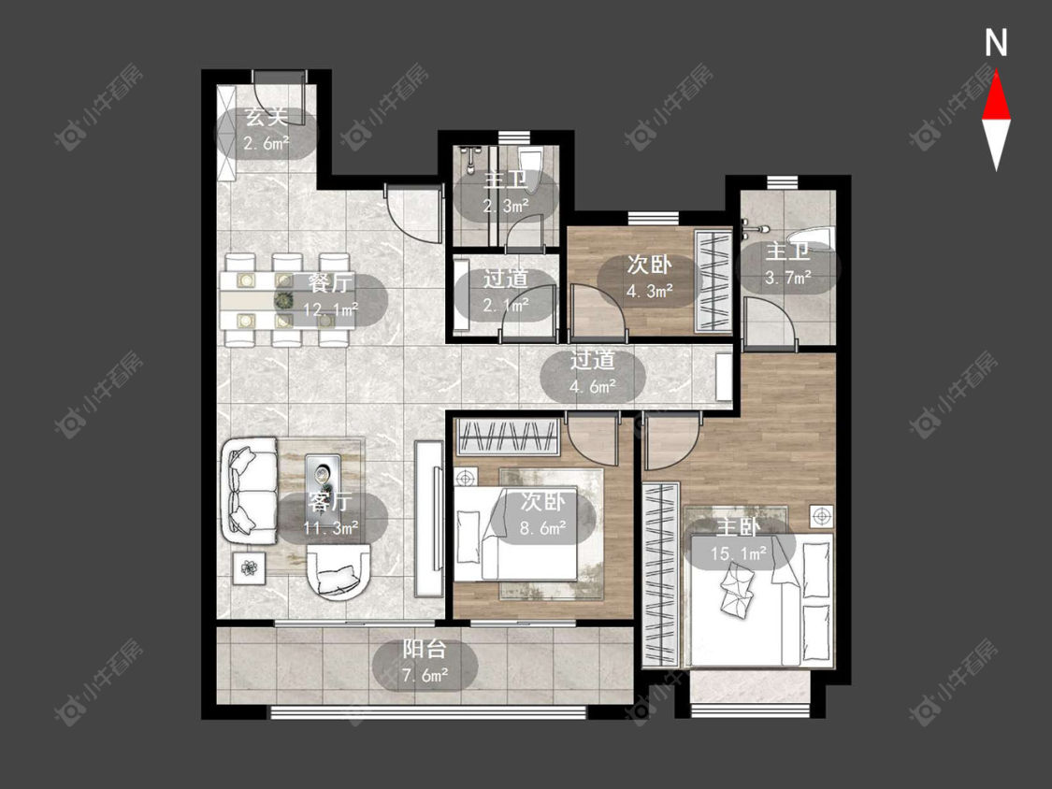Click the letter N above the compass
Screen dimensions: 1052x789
tap(996, 43)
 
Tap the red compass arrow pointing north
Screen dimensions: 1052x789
tap(996, 96)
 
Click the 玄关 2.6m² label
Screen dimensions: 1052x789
tap(267, 130)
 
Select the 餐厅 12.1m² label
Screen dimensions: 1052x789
tap(331, 296)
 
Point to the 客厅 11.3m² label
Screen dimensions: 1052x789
tap(331, 515)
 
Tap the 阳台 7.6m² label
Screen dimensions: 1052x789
tap(425, 662)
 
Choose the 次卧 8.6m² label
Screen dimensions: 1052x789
tap(543, 515)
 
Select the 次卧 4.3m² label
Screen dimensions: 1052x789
tap(650, 278)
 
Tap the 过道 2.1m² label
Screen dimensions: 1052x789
tap(506, 292)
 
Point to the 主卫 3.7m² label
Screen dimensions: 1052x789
tap(788, 265)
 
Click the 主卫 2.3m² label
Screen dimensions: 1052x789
tap(506, 194)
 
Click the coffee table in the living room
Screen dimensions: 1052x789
tap(324, 477)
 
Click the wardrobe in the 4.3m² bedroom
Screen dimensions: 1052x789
tap(713, 280)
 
